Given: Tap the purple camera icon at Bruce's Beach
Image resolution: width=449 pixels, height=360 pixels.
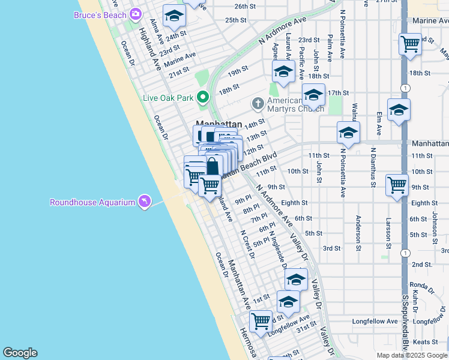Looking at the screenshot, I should (135, 14).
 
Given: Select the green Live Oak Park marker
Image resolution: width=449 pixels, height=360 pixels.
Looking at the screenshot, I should (203, 96).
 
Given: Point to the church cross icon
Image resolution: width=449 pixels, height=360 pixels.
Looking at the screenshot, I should (258, 104).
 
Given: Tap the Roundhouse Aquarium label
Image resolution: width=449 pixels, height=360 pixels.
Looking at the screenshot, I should (92, 202).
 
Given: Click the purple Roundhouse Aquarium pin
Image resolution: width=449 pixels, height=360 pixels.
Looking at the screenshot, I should (144, 202).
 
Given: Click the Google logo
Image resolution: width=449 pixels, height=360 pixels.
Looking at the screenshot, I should (20, 353).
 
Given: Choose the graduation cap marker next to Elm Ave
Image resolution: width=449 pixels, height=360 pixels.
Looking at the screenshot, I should (399, 110).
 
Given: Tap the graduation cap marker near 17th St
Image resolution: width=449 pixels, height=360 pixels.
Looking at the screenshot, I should (313, 95).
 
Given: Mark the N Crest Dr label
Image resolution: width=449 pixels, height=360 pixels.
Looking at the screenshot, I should (247, 244).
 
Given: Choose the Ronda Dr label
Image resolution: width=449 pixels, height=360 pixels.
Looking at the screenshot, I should (417, 285).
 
